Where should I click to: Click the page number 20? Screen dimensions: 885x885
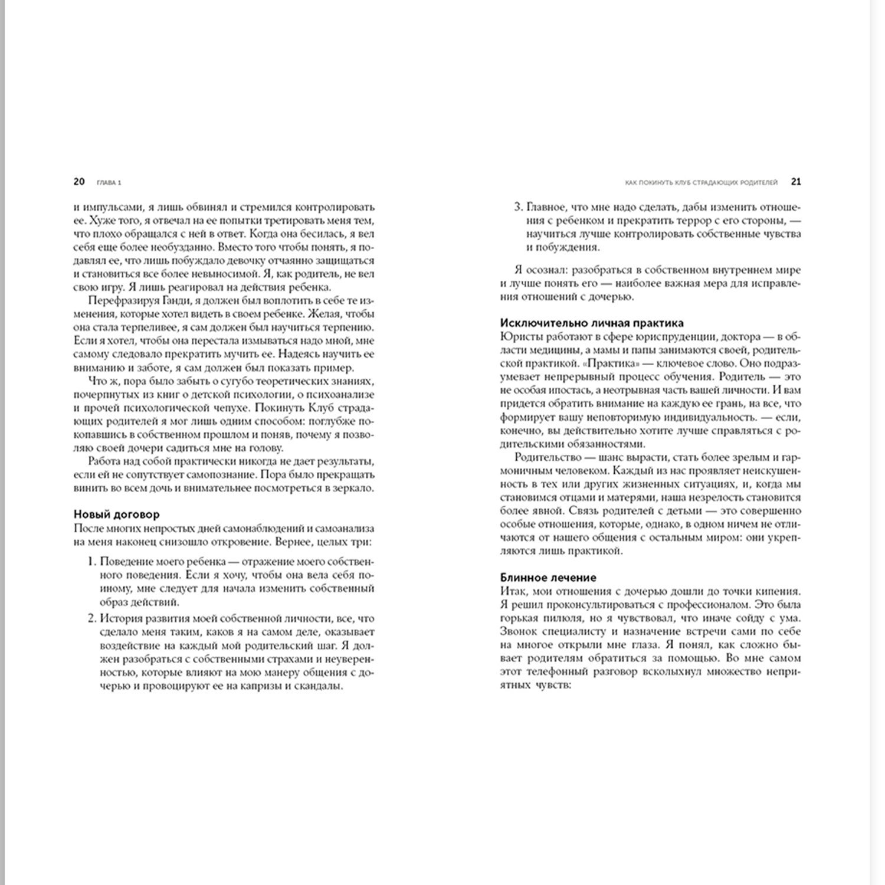pyautogui.click(x=79, y=182)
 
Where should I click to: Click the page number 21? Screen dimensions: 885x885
pyautogui.click(x=795, y=182)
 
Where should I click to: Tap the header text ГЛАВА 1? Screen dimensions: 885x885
pyautogui.click(x=109, y=182)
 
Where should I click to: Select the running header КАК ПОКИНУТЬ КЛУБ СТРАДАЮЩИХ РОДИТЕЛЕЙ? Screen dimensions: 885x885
pyautogui.click(x=702, y=182)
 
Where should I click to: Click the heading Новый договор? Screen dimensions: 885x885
pyautogui.click(x=116, y=515)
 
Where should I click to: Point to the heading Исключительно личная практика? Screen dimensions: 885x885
pyautogui.click(x=592, y=323)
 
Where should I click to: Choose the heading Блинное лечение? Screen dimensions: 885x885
pyautogui.click(x=548, y=578)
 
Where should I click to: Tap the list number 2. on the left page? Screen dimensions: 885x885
pyautogui.click(x=91, y=618)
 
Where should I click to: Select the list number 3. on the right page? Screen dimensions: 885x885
pyautogui.click(x=518, y=207)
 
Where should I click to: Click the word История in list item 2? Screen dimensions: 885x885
pyautogui.click(x=120, y=618)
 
